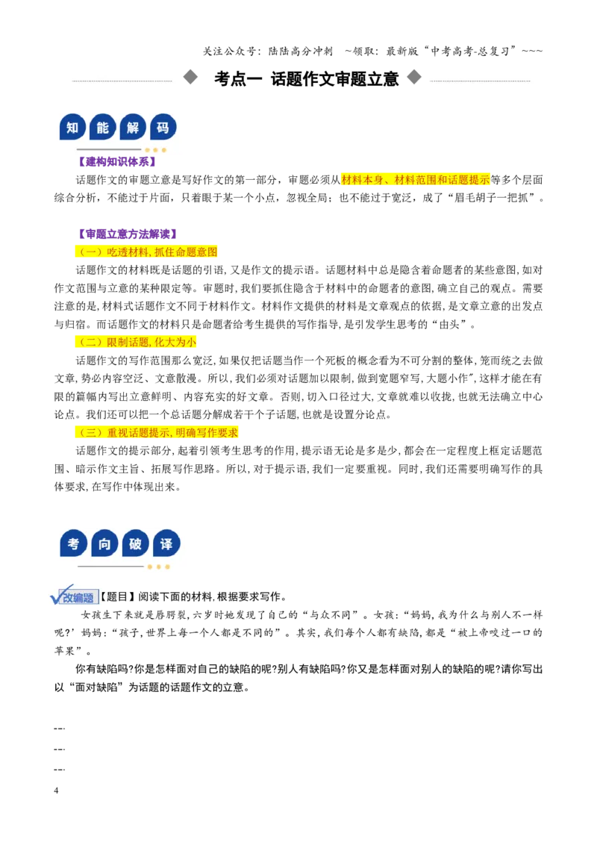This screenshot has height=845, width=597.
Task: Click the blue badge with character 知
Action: coord(72,128)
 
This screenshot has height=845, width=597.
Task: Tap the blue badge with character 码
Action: coord(163,128)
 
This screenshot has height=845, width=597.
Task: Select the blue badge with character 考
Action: coord(73,543)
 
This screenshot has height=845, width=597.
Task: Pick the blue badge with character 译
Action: coord(166,543)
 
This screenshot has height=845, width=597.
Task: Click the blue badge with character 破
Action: coord(135,543)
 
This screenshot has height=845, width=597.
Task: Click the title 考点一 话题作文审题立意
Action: coord(307,78)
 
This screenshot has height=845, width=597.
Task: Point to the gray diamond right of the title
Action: coord(414,77)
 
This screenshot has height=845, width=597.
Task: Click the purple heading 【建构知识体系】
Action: coord(116,162)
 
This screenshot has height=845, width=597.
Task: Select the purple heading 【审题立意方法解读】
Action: coord(127,234)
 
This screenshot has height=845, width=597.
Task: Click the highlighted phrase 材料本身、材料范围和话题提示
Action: coord(416,179)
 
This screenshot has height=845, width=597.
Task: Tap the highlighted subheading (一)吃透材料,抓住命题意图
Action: coord(146,252)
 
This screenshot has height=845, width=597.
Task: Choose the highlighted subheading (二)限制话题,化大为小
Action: coord(136,342)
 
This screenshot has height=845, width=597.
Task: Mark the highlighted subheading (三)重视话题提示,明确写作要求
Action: coord(156,432)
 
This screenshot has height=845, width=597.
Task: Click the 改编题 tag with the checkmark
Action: coord(74,595)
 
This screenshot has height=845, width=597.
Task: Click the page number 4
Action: coord(56,791)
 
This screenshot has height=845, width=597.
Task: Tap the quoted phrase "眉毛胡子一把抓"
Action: coord(494,198)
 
